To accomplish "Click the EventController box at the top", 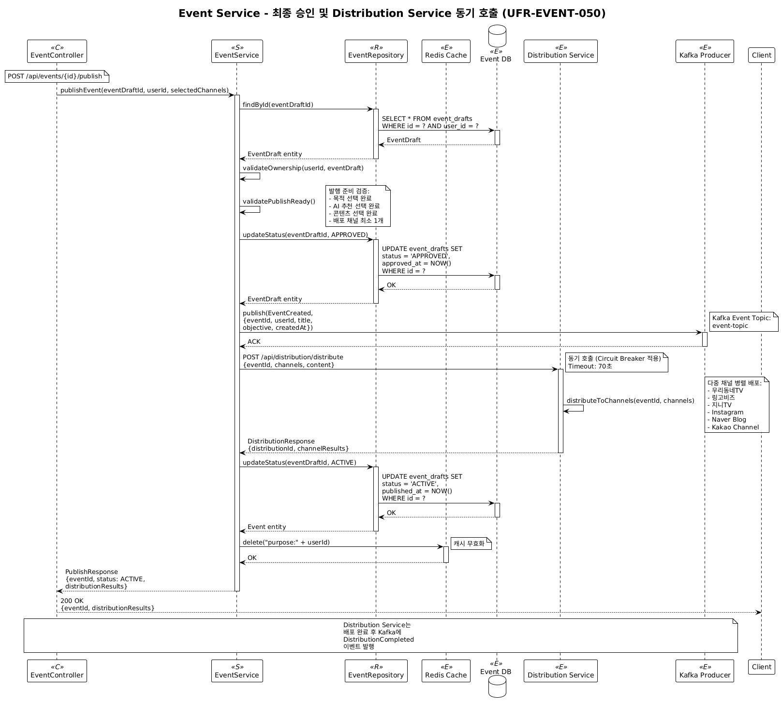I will [57, 51].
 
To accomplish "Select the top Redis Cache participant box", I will [446, 51].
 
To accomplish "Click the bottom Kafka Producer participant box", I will [705, 671].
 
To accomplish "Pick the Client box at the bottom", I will [761, 667].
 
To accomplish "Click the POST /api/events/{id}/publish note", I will [57, 76].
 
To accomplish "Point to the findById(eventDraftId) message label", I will [278, 105].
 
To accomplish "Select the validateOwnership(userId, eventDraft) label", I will [303, 168].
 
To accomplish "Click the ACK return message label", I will [254, 342].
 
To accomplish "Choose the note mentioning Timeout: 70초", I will [616, 362].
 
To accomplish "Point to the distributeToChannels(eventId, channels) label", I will [630, 400].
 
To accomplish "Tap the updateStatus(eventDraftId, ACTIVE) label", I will [299, 463].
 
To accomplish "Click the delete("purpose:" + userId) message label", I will [286, 543].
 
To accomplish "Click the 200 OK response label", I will [72, 601].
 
